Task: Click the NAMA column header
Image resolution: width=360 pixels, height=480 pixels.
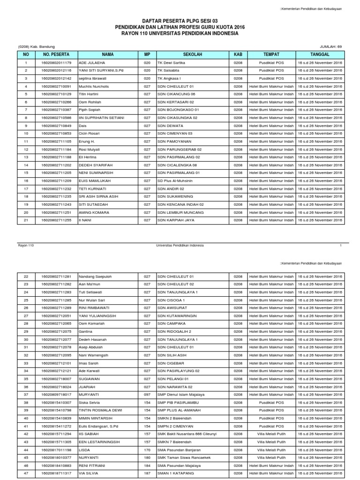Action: [108, 54]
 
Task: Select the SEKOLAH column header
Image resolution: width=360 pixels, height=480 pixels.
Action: [193, 54]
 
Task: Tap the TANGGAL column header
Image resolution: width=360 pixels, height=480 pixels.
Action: [320, 54]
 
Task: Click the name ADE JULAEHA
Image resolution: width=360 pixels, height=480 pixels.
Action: [92, 63]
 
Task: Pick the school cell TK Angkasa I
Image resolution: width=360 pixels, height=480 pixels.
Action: [169, 78]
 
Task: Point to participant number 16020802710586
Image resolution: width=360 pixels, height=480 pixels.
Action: [56, 118]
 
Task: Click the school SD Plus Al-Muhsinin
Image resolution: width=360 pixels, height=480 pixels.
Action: [176, 180]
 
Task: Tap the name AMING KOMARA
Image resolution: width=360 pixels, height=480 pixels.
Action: [95, 212]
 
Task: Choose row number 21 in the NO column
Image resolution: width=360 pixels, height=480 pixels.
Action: [26, 220]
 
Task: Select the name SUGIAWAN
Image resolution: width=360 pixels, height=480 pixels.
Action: [90, 379]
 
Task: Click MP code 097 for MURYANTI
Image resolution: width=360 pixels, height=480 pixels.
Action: [147, 395]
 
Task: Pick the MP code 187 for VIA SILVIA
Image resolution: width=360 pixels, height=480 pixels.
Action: [147, 473]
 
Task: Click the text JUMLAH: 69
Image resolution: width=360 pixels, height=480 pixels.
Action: [330, 46]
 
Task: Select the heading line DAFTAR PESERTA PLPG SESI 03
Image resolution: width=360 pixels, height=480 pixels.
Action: [180, 21]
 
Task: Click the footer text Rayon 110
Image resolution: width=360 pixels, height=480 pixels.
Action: [26, 245]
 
